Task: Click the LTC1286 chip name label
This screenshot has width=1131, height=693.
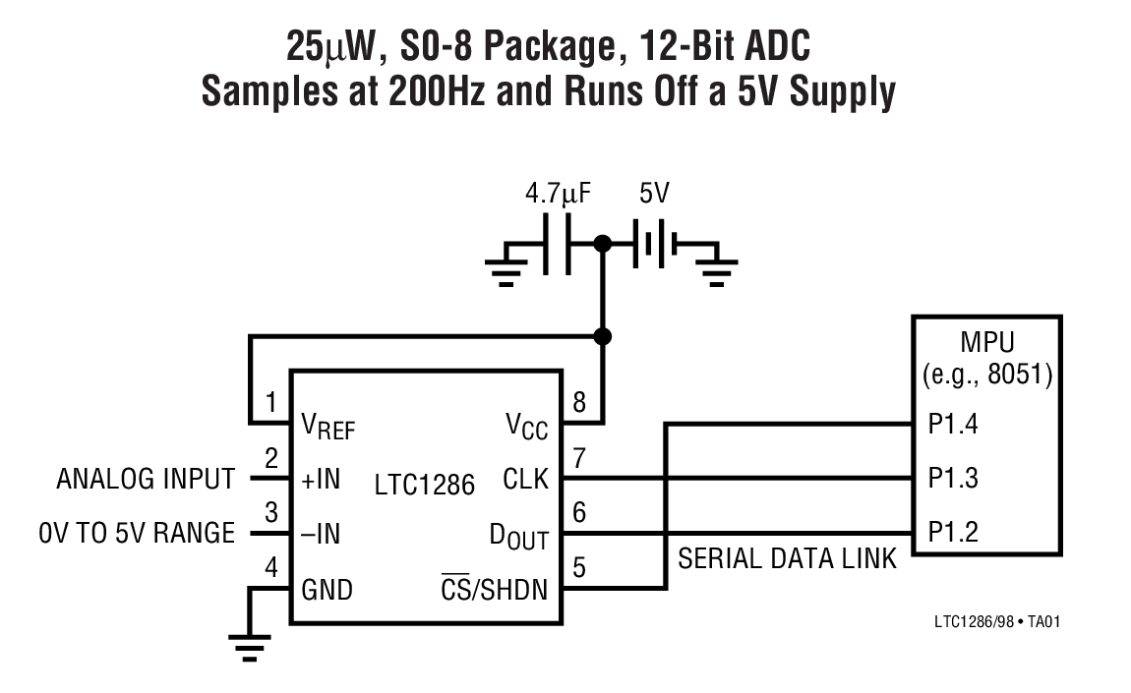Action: tap(424, 485)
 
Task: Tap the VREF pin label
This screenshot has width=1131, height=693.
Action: tap(328, 427)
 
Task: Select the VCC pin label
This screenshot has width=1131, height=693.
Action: tap(527, 427)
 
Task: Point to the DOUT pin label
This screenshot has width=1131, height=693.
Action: tap(518, 536)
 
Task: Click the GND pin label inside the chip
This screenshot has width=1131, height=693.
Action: tap(327, 591)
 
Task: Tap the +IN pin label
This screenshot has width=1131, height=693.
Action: tap(321, 480)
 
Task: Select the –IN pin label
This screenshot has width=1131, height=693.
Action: tap(321, 535)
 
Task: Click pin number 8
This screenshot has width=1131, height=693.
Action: tap(578, 401)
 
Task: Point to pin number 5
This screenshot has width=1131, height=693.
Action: tap(578, 567)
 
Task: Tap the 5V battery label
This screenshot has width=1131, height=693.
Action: tap(654, 194)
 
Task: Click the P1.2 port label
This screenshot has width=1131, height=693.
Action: tap(953, 532)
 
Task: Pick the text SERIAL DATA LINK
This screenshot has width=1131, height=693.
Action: tap(787, 559)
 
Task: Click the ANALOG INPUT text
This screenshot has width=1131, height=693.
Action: tap(146, 480)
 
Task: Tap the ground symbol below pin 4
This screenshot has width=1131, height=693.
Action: tap(250, 647)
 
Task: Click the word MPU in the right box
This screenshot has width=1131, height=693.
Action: tap(985, 345)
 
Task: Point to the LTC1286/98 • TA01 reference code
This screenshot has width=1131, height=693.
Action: tap(996, 621)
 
